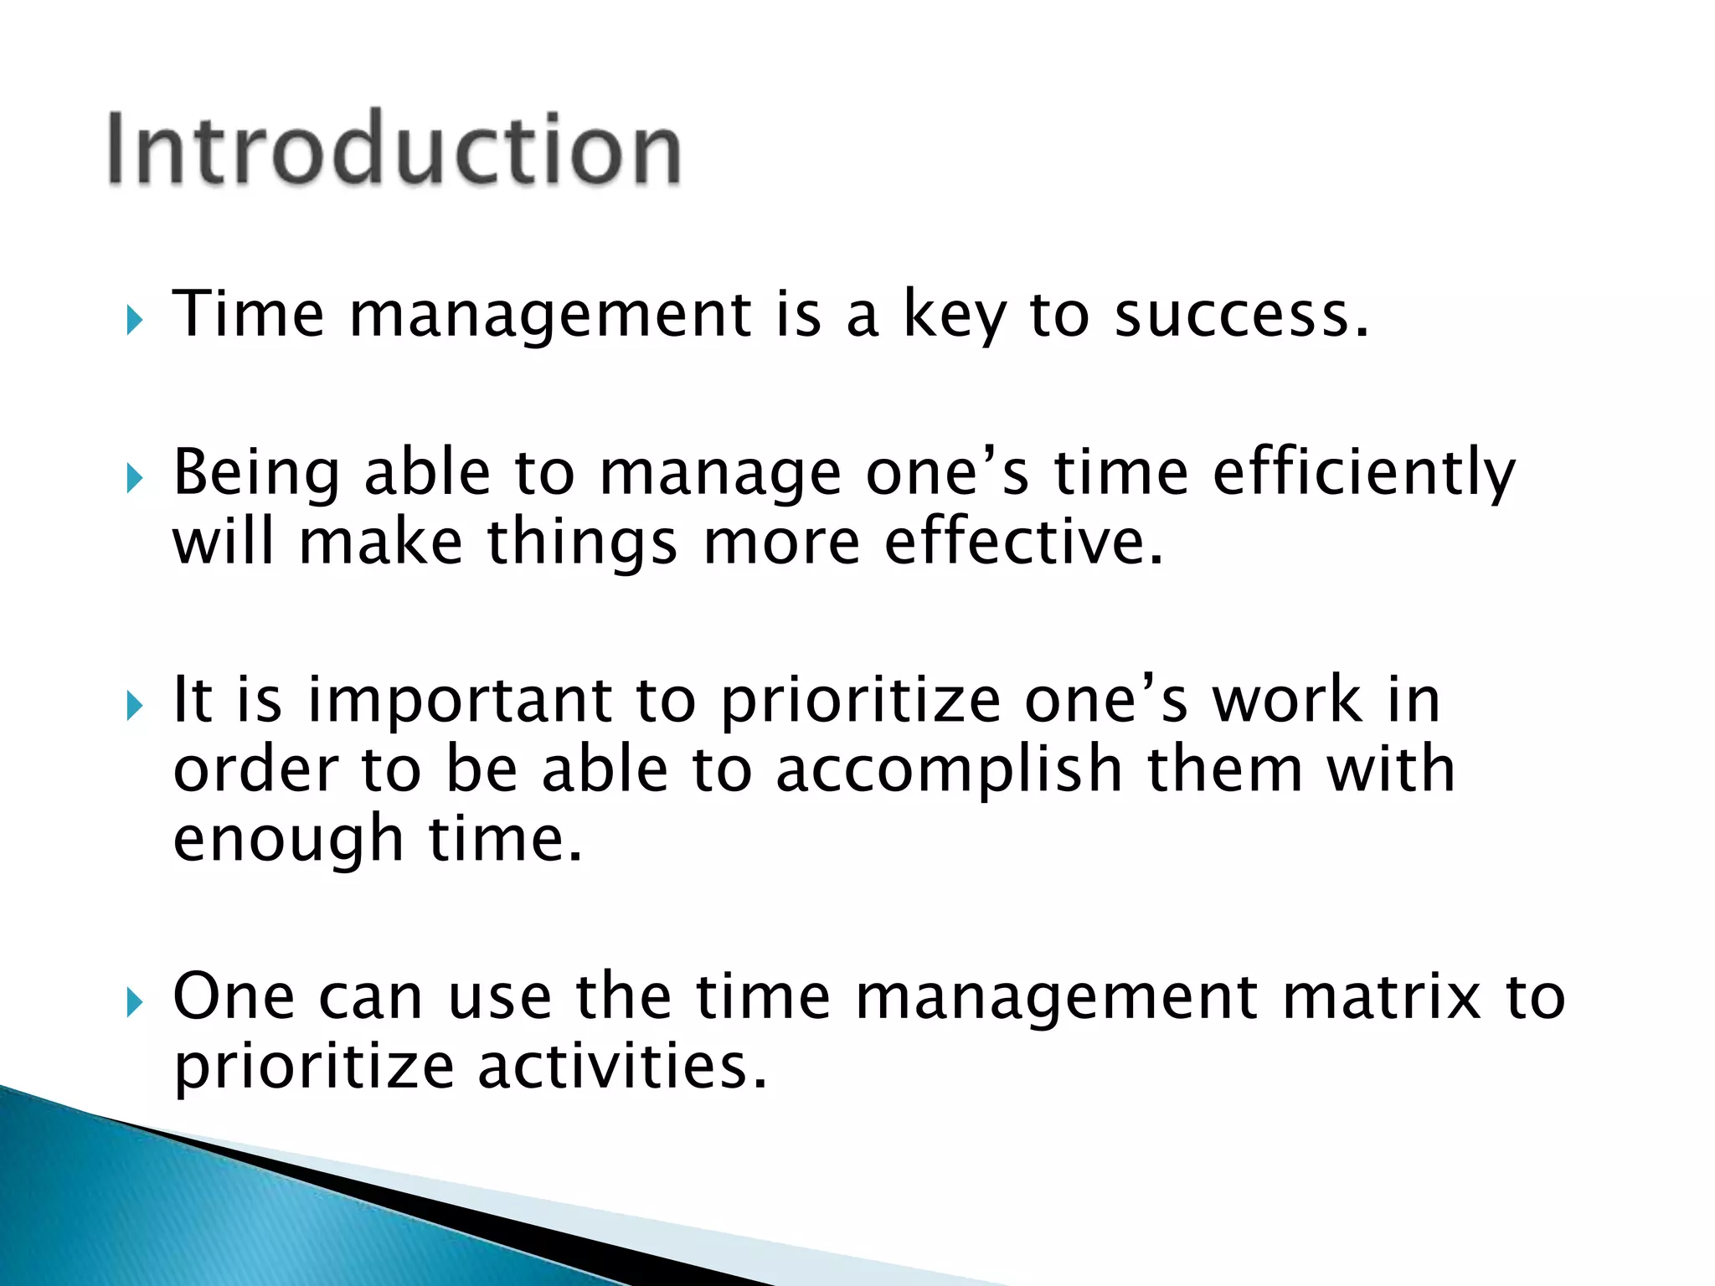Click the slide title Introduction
[394, 149]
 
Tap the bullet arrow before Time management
[135, 320]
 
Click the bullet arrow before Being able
[135, 479]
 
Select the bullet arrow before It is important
[135, 706]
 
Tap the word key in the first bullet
[954, 316]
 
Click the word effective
[1023, 543]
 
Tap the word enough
[289, 841]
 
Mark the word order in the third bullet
[255, 770]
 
